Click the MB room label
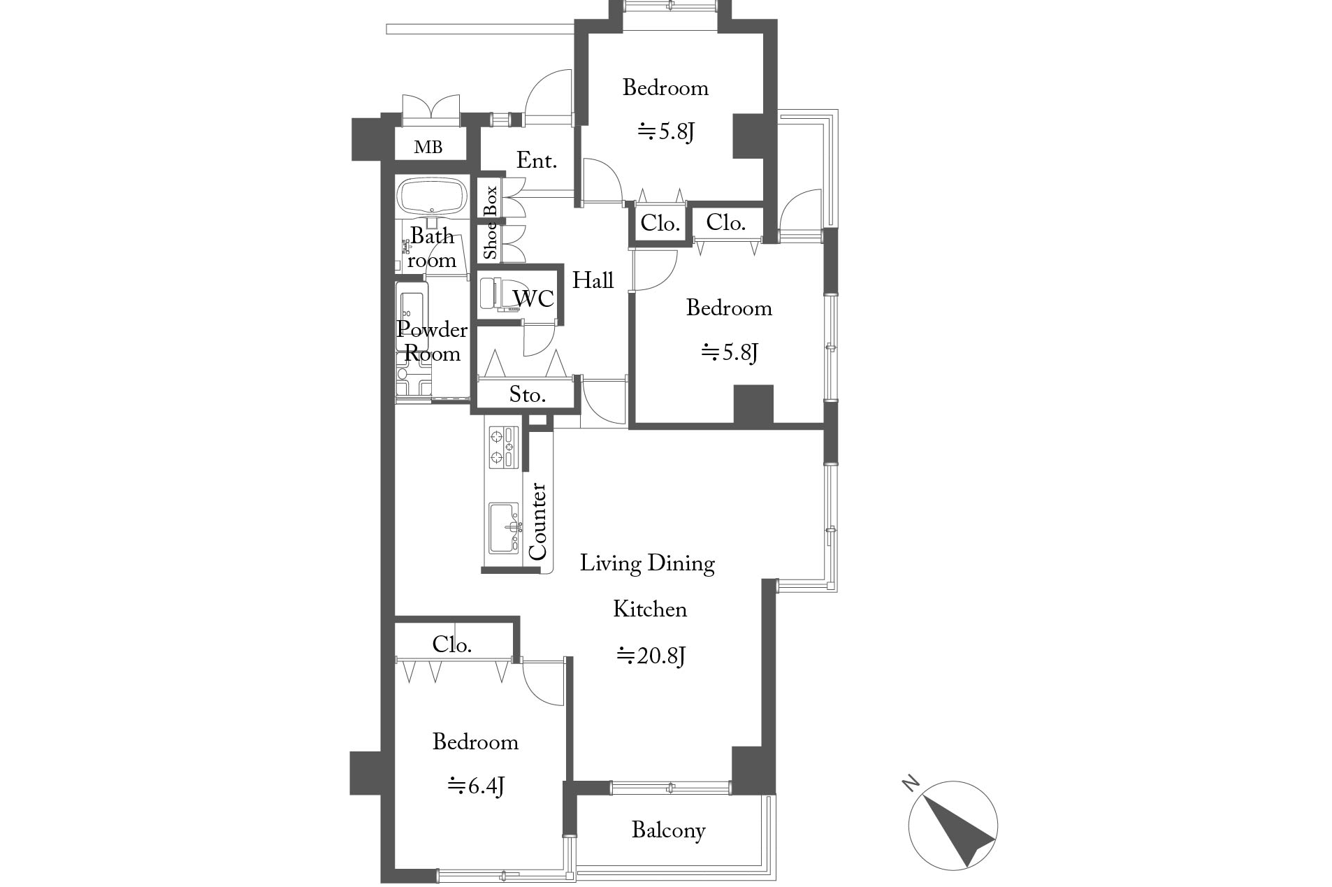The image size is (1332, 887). point(428,147)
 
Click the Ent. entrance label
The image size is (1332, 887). point(537,161)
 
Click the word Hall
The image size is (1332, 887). point(593,280)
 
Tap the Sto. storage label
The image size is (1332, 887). point(527,395)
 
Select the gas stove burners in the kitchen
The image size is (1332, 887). point(503,447)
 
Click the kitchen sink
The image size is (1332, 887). point(503,528)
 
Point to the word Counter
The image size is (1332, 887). point(537,521)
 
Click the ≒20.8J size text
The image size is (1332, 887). point(651,656)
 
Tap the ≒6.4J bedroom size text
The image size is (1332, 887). point(476,786)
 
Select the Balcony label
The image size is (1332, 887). point(668,830)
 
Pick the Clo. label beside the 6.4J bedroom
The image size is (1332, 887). point(451,644)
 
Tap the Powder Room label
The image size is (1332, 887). point(432,341)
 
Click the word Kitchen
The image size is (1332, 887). point(650,610)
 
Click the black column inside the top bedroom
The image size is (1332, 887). point(748,136)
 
